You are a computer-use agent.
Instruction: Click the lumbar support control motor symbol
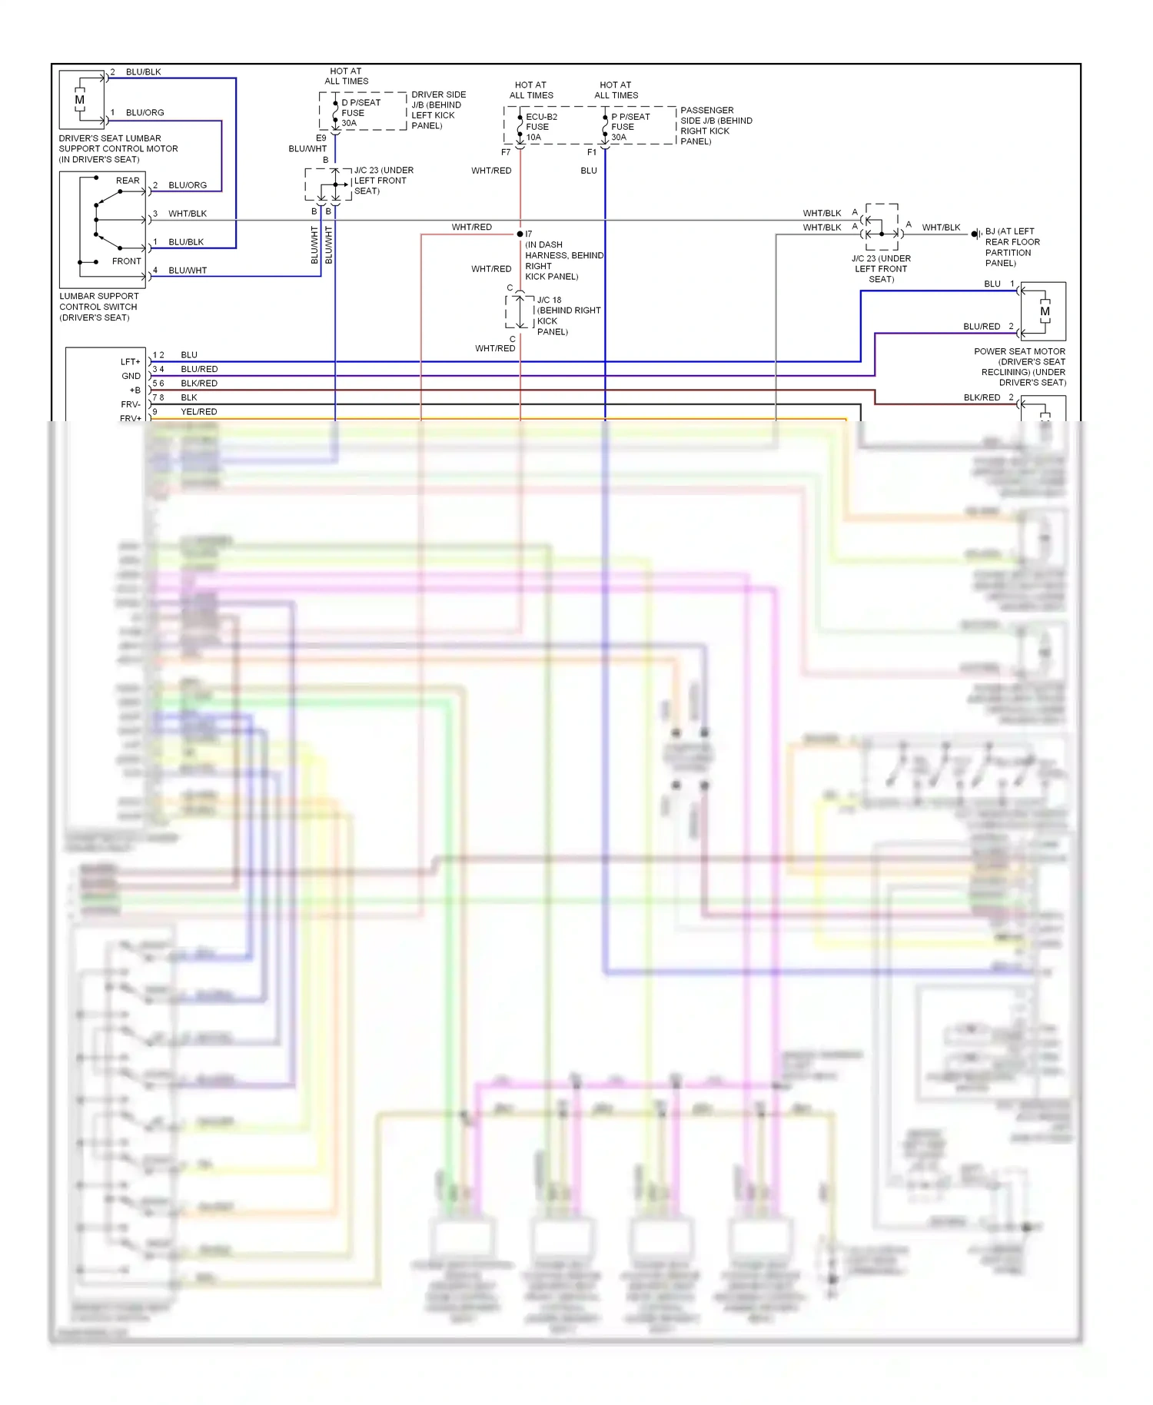click(81, 100)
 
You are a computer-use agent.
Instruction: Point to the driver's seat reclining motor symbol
click(1044, 311)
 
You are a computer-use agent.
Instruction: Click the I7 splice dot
click(520, 234)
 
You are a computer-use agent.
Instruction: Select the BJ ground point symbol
click(975, 233)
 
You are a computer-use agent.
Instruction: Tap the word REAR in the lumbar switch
click(128, 181)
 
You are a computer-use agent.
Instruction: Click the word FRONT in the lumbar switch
click(126, 261)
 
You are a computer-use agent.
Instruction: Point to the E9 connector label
click(321, 138)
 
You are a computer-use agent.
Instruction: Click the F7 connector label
click(506, 152)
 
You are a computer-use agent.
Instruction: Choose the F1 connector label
click(592, 152)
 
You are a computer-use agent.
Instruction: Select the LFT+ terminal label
click(131, 361)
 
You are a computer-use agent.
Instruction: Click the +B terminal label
click(135, 390)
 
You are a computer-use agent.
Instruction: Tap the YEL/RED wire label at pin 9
click(199, 412)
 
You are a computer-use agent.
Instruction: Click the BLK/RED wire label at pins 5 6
click(199, 384)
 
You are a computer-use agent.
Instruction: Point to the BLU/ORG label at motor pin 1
click(145, 113)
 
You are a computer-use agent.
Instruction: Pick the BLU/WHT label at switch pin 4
click(188, 271)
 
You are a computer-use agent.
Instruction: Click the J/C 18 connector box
click(520, 311)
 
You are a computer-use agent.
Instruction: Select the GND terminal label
click(131, 376)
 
